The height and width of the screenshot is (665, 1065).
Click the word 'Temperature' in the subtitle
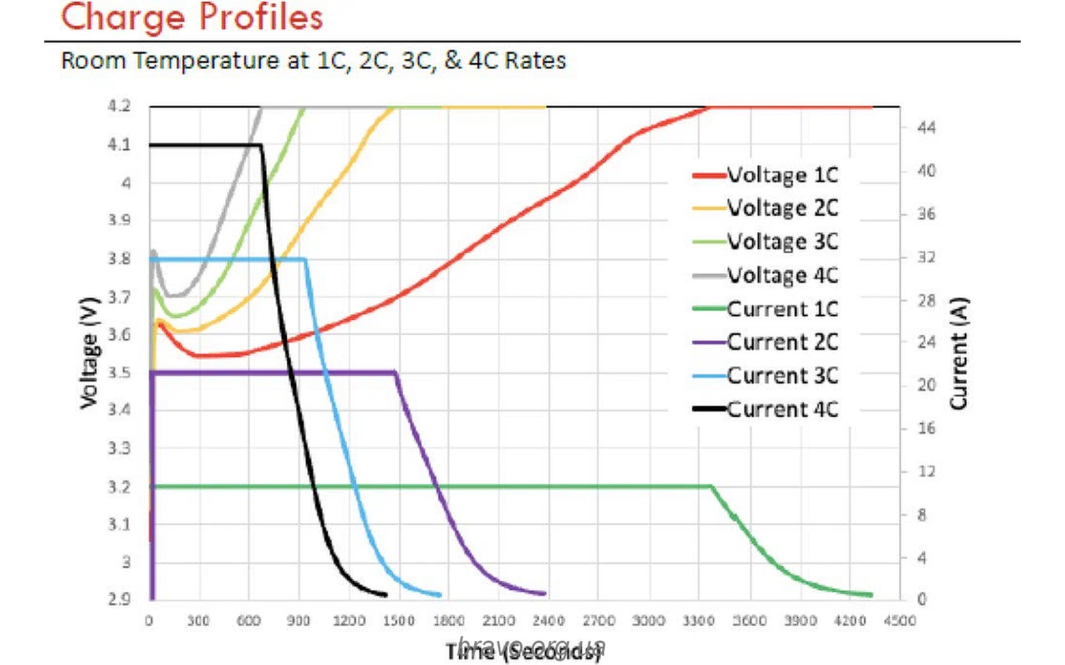[x=205, y=60]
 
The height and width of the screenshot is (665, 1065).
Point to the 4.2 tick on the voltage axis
[x=119, y=106]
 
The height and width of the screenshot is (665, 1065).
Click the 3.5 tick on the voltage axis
[x=119, y=372]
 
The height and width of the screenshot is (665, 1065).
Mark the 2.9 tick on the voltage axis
[x=119, y=599]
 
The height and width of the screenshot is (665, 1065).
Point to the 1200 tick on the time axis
[x=349, y=621]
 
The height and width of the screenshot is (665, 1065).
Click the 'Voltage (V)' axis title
[x=89, y=354]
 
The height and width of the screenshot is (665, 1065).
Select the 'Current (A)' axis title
[x=959, y=354]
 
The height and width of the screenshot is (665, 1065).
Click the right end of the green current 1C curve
[x=871, y=595]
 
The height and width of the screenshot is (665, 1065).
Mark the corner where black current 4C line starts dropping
[x=261, y=145]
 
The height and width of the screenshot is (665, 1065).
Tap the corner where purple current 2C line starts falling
[x=395, y=372]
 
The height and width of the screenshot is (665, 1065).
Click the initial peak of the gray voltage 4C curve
[x=154, y=252]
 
